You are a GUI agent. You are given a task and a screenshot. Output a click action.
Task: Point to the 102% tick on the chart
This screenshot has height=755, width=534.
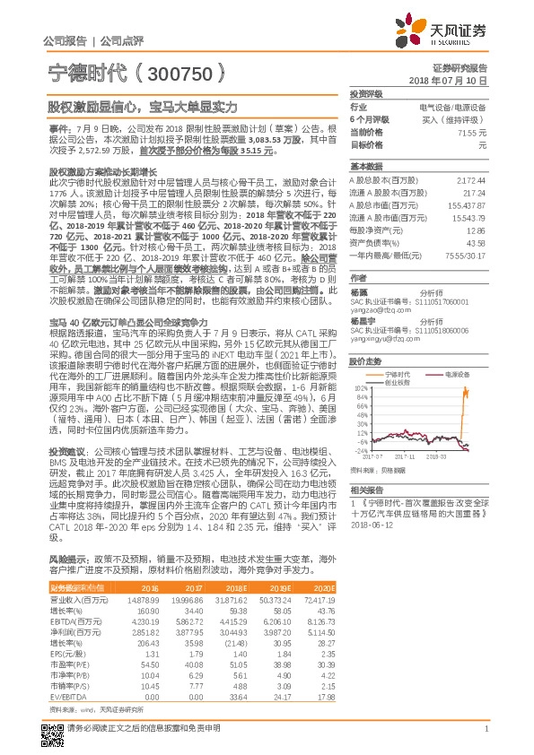[x=361, y=387]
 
